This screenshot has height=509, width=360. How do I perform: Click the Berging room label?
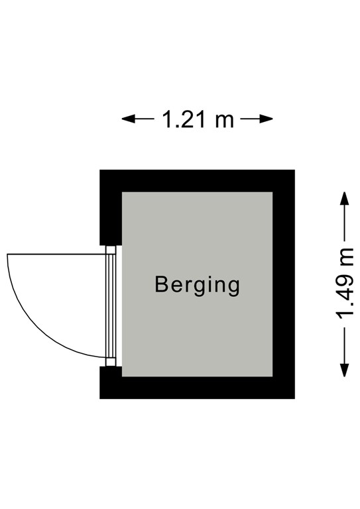pyautogui.click(x=196, y=284)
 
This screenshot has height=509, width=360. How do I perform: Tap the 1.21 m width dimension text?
pyautogui.click(x=198, y=119)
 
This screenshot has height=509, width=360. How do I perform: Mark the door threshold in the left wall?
pyautogui.click(x=113, y=306)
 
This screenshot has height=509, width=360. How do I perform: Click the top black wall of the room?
pyautogui.click(x=197, y=180)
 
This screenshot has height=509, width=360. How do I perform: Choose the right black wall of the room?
pyautogui.click(x=284, y=284)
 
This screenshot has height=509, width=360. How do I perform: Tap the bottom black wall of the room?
pyautogui.click(x=197, y=388)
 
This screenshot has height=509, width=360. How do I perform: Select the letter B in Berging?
pyautogui.click(x=161, y=284)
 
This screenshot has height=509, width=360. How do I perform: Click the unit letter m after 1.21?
pyautogui.click(x=224, y=120)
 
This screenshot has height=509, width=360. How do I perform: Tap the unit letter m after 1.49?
pyautogui.click(x=345, y=255)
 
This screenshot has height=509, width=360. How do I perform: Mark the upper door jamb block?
pyautogui.click(x=111, y=250)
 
